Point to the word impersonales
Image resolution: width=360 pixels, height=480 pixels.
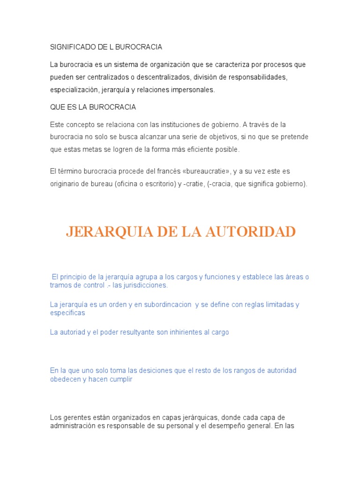(x=194, y=90)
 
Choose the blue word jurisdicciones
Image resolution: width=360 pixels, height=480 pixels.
(x=145, y=285)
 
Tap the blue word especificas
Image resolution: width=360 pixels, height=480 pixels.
(x=67, y=313)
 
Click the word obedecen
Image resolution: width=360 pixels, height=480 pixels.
(x=65, y=379)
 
